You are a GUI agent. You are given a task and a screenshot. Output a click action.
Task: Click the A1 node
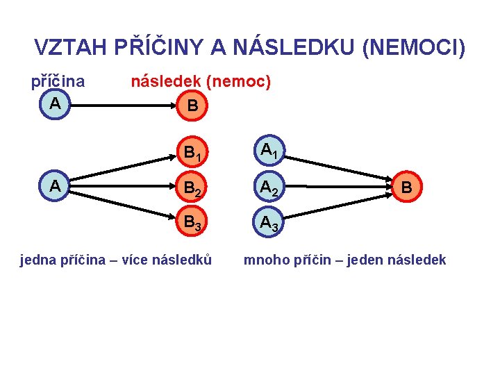[x=268, y=151]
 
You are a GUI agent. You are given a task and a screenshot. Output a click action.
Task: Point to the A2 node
[x=268, y=187]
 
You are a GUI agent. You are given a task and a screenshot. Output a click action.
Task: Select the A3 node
[x=268, y=224]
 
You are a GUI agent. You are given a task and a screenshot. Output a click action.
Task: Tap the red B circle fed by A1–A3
[x=408, y=187]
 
